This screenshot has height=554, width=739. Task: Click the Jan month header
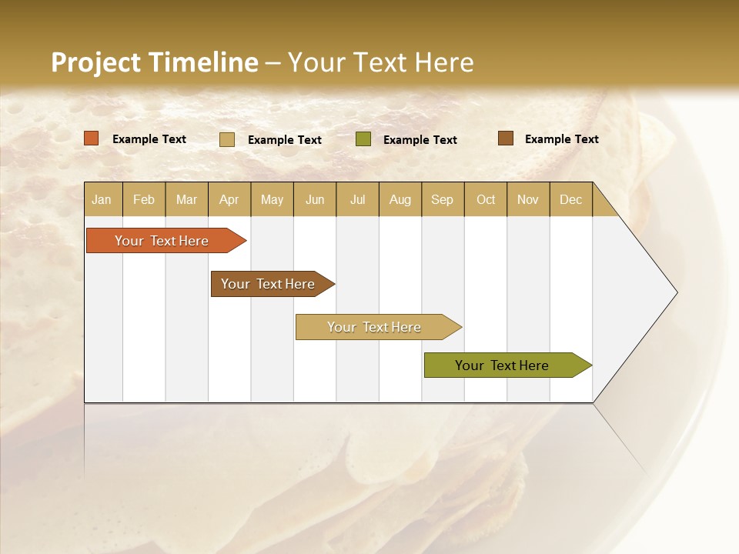click(x=102, y=199)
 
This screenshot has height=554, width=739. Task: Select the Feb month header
click(x=144, y=199)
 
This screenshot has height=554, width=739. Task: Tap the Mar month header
click(x=186, y=199)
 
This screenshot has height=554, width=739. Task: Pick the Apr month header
click(x=229, y=199)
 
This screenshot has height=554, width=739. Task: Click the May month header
click(x=272, y=199)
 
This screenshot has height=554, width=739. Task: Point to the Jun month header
click(x=315, y=199)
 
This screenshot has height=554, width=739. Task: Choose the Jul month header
click(x=357, y=199)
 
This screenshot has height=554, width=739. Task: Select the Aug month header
click(x=400, y=199)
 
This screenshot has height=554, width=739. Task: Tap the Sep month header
click(x=443, y=199)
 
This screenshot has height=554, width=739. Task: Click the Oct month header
click(x=486, y=199)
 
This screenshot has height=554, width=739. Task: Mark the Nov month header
click(x=528, y=199)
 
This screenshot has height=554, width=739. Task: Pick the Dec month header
click(x=571, y=199)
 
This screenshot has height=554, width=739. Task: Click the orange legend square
click(x=91, y=138)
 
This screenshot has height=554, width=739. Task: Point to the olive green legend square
click(x=363, y=138)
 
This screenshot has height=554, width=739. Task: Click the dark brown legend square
click(x=506, y=138)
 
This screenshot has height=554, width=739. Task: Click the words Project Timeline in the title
click(x=154, y=62)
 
